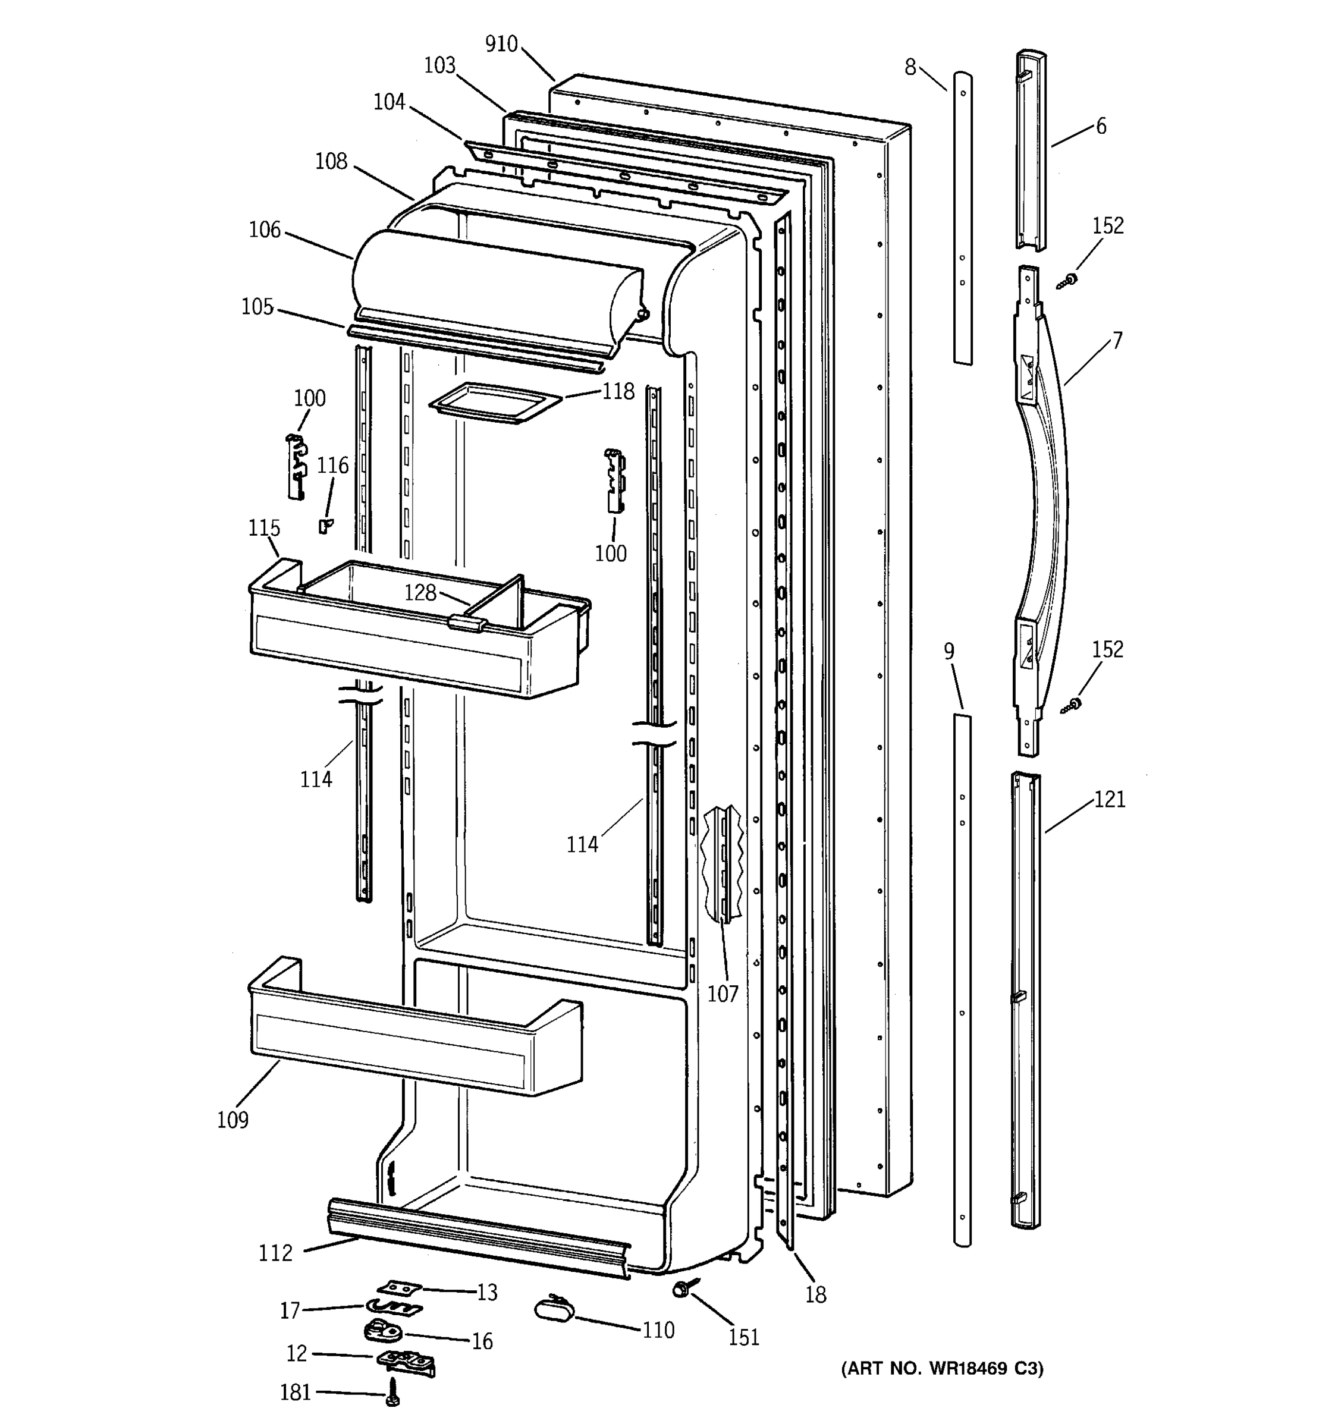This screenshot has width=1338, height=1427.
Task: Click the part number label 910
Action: coord(501,45)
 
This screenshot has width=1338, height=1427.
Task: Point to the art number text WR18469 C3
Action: coord(942,1369)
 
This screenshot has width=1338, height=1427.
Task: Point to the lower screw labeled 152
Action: coord(1072,705)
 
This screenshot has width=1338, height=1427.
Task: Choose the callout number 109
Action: coord(233,1120)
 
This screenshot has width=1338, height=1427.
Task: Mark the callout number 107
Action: coord(722,994)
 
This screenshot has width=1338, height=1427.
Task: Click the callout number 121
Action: coord(1109,799)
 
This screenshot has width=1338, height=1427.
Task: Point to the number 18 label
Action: coord(815,1294)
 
